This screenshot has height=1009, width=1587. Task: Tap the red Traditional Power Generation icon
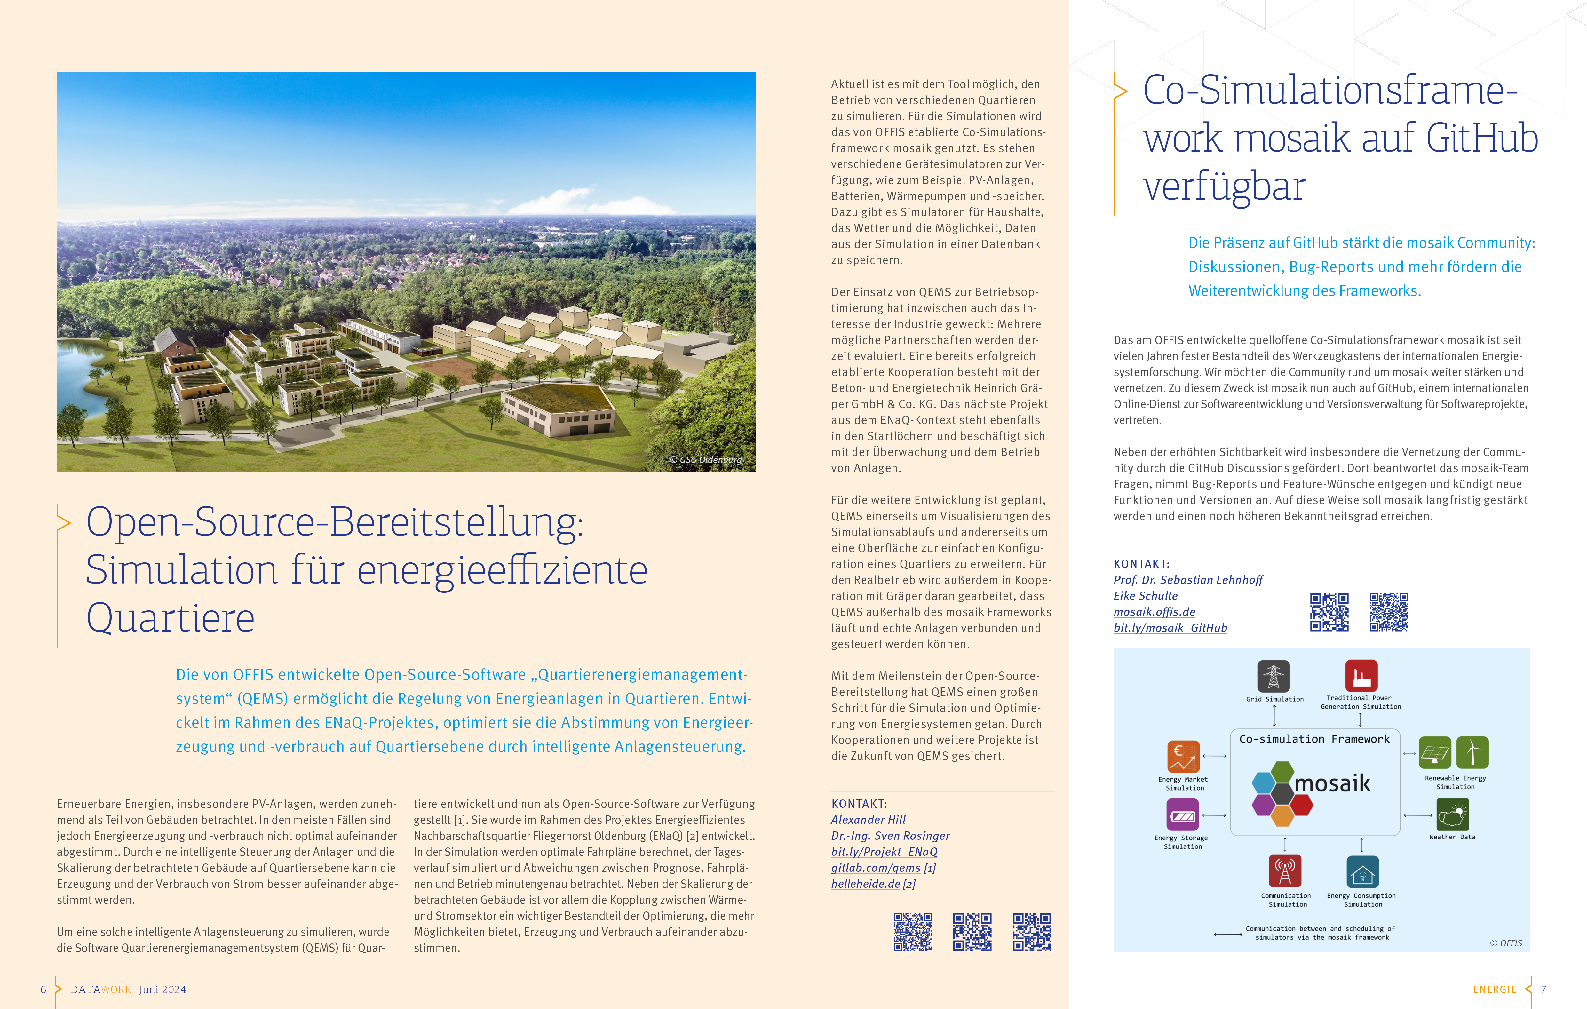(x=1361, y=676)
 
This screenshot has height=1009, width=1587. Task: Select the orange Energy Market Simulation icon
(x=1183, y=756)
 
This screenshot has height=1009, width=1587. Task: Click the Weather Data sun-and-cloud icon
(x=1453, y=815)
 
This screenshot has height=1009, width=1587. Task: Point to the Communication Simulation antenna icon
(x=1284, y=871)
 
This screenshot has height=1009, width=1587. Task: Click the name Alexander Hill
(x=868, y=820)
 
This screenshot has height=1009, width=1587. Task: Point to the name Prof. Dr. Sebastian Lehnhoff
(x=1188, y=580)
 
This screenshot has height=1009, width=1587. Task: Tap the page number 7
(x=1543, y=989)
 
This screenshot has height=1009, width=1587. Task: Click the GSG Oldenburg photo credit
(x=706, y=459)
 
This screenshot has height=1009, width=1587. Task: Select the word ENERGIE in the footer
(x=1494, y=989)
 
